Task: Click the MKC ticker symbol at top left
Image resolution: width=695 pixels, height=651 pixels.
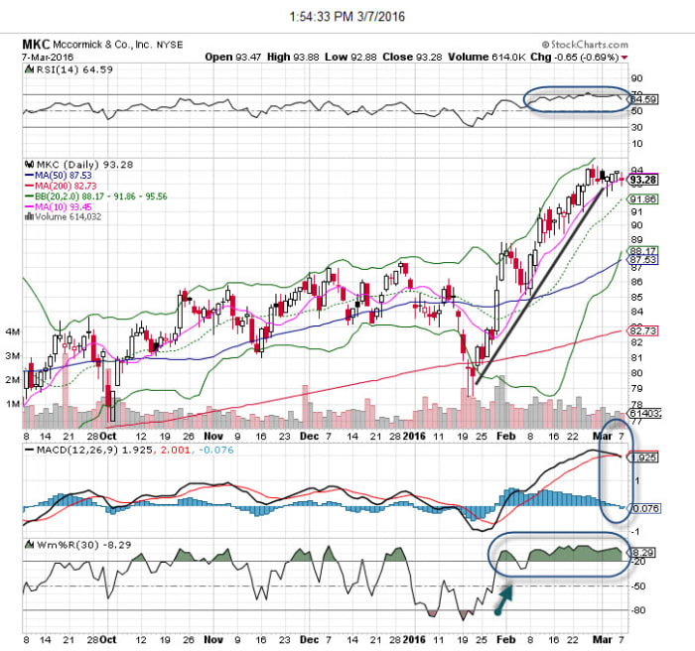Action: pyautogui.click(x=36, y=45)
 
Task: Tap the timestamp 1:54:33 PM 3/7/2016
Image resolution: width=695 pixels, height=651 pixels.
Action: pyautogui.click(x=347, y=15)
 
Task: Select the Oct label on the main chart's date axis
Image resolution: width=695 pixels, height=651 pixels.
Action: pyautogui.click(x=106, y=434)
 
